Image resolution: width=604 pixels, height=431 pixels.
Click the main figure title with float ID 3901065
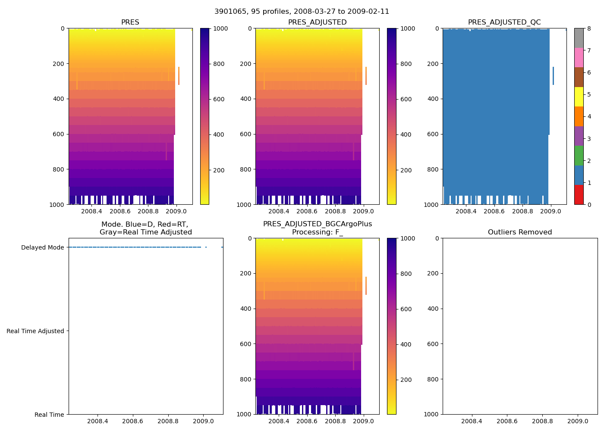(302, 12)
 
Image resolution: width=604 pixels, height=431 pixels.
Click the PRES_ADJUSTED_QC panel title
(504, 22)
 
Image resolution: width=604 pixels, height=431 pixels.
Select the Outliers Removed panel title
(519, 232)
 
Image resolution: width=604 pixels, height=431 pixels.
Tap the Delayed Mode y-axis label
(42, 247)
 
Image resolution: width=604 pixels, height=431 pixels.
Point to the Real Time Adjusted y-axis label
(35, 331)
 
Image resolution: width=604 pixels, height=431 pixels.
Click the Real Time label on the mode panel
(49, 415)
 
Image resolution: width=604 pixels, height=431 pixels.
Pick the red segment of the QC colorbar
(579, 194)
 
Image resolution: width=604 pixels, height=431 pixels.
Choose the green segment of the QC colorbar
(579, 155)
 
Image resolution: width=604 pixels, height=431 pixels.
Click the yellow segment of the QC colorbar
(579, 97)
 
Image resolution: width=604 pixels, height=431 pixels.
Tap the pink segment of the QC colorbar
(579, 57)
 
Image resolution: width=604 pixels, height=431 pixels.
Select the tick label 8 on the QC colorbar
(589, 29)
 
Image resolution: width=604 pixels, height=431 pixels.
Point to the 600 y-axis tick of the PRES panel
(60, 134)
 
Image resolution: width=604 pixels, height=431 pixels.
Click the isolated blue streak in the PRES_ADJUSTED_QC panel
(553, 76)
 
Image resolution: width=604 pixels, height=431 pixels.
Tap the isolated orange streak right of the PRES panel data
(179, 76)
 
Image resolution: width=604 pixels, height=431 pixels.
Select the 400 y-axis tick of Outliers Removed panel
(434, 309)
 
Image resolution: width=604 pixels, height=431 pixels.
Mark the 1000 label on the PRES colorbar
(220, 29)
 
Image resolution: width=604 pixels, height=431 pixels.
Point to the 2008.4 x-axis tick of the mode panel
(98, 421)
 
